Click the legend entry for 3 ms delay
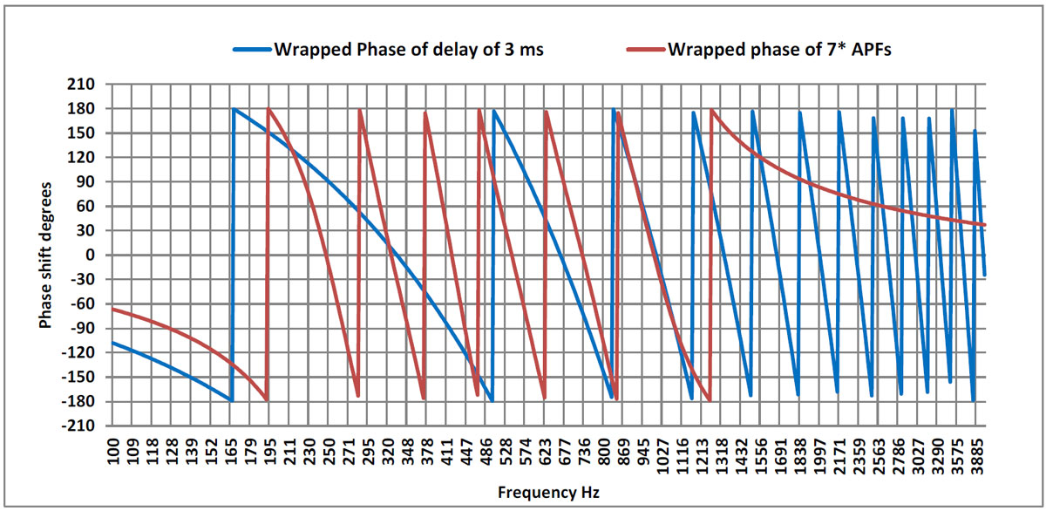409,49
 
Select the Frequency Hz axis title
548,493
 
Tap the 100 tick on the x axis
113,453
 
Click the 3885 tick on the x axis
976,453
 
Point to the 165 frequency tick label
231,453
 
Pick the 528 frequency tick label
506,453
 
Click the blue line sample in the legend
252,49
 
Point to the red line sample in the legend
646,49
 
